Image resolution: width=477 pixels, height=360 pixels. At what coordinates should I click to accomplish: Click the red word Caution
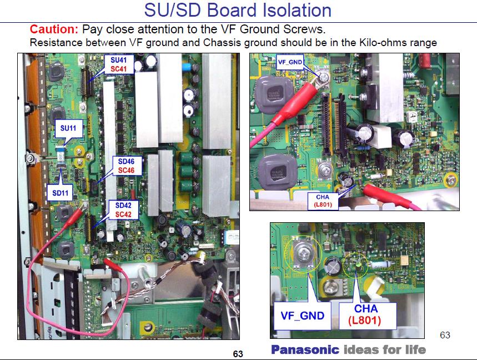[x=54, y=29]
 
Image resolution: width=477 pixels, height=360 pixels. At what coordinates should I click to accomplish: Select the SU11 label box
[x=68, y=128]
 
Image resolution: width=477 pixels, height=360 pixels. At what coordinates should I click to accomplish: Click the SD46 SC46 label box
[x=127, y=164]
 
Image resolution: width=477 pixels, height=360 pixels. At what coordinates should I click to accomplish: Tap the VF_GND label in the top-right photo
[x=290, y=63]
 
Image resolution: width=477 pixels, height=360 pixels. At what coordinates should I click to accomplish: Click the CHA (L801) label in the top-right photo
[x=323, y=201]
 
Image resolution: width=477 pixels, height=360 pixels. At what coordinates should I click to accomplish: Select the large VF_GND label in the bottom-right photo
[x=302, y=316]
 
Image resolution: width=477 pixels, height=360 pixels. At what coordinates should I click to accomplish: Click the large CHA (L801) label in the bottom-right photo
[x=364, y=314]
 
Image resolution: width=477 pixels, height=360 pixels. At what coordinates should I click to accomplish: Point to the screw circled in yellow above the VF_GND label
[x=304, y=253]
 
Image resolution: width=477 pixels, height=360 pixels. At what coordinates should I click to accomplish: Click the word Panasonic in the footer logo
[x=305, y=349]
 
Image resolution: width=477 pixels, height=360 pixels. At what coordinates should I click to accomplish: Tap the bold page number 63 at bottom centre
[x=238, y=354]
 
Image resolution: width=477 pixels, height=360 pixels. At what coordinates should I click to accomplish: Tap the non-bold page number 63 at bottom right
[x=445, y=335]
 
